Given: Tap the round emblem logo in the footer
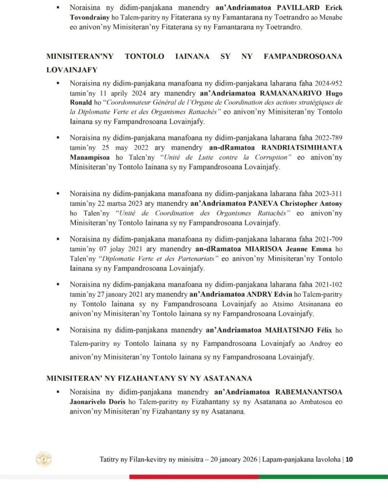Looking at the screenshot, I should pyautogui.click(x=44, y=459).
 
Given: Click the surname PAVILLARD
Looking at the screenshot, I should pyautogui.click(x=282, y=8).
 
